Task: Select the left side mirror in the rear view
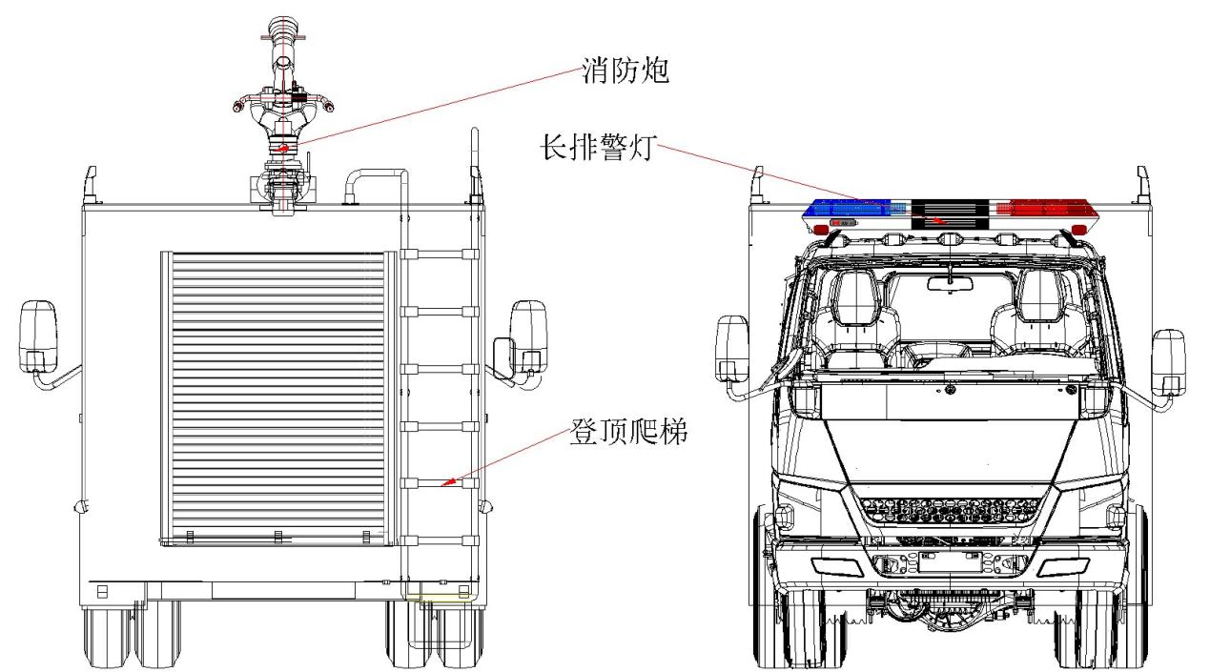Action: (38, 336)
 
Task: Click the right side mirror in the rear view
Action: (528, 336)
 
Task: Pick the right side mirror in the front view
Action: (1167, 362)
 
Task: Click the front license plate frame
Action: (950, 562)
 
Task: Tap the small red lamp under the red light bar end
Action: (1077, 229)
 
